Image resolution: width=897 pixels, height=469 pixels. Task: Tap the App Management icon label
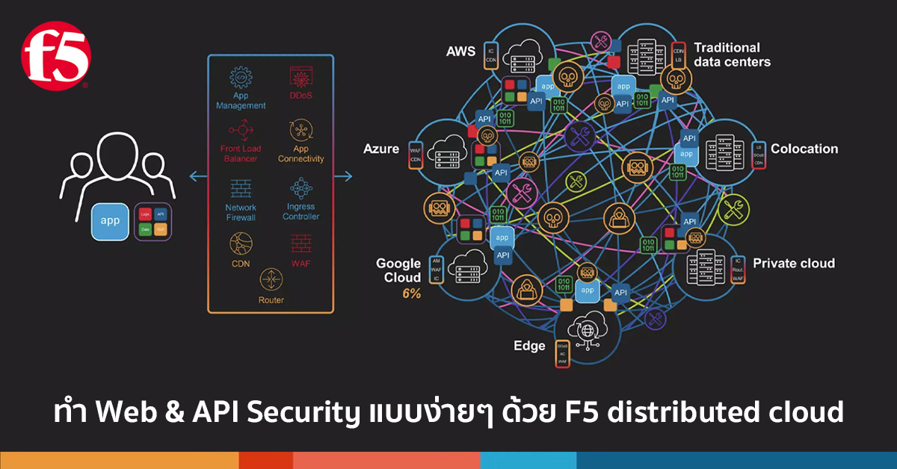point(241,101)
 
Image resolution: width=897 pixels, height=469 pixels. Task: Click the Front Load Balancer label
point(240,154)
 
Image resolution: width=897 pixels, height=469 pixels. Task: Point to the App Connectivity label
point(300,154)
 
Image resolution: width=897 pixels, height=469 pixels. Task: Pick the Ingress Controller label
point(300,211)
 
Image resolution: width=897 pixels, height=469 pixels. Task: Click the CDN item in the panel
point(241,263)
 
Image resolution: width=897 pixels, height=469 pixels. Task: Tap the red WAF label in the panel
point(300,263)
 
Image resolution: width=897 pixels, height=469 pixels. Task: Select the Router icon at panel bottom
point(271,280)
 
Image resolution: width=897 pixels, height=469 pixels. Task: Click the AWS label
point(460,52)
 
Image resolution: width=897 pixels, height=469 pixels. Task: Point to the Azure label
point(381,149)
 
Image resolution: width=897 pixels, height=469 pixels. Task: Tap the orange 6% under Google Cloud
point(412,293)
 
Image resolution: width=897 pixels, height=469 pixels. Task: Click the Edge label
point(530,346)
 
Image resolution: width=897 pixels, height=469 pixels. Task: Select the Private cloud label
point(793,263)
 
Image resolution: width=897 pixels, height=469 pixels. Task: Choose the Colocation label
point(804,149)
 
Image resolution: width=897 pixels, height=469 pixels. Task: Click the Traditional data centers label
point(732,55)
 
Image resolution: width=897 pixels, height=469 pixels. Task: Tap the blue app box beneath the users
point(110,222)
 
